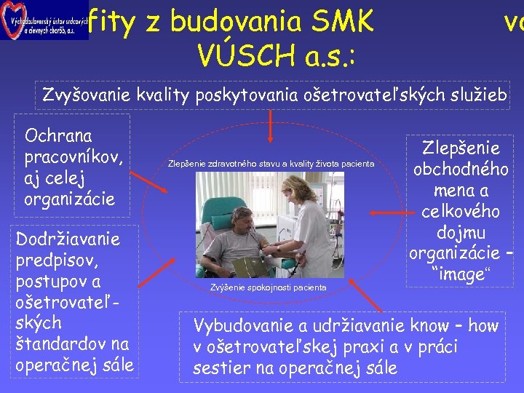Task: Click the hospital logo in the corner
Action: pyautogui.click(x=44, y=20)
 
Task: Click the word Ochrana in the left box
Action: pyautogui.click(x=58, y=135)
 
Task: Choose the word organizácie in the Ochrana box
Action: pyautogui.click(x=70, y=198)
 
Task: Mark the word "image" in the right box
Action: pyautogui.click(x=459, y=274)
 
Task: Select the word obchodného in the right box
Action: pyautogui.click(x=460, y=170)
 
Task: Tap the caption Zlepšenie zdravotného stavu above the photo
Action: pyautogui.click(x=271, y=163)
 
